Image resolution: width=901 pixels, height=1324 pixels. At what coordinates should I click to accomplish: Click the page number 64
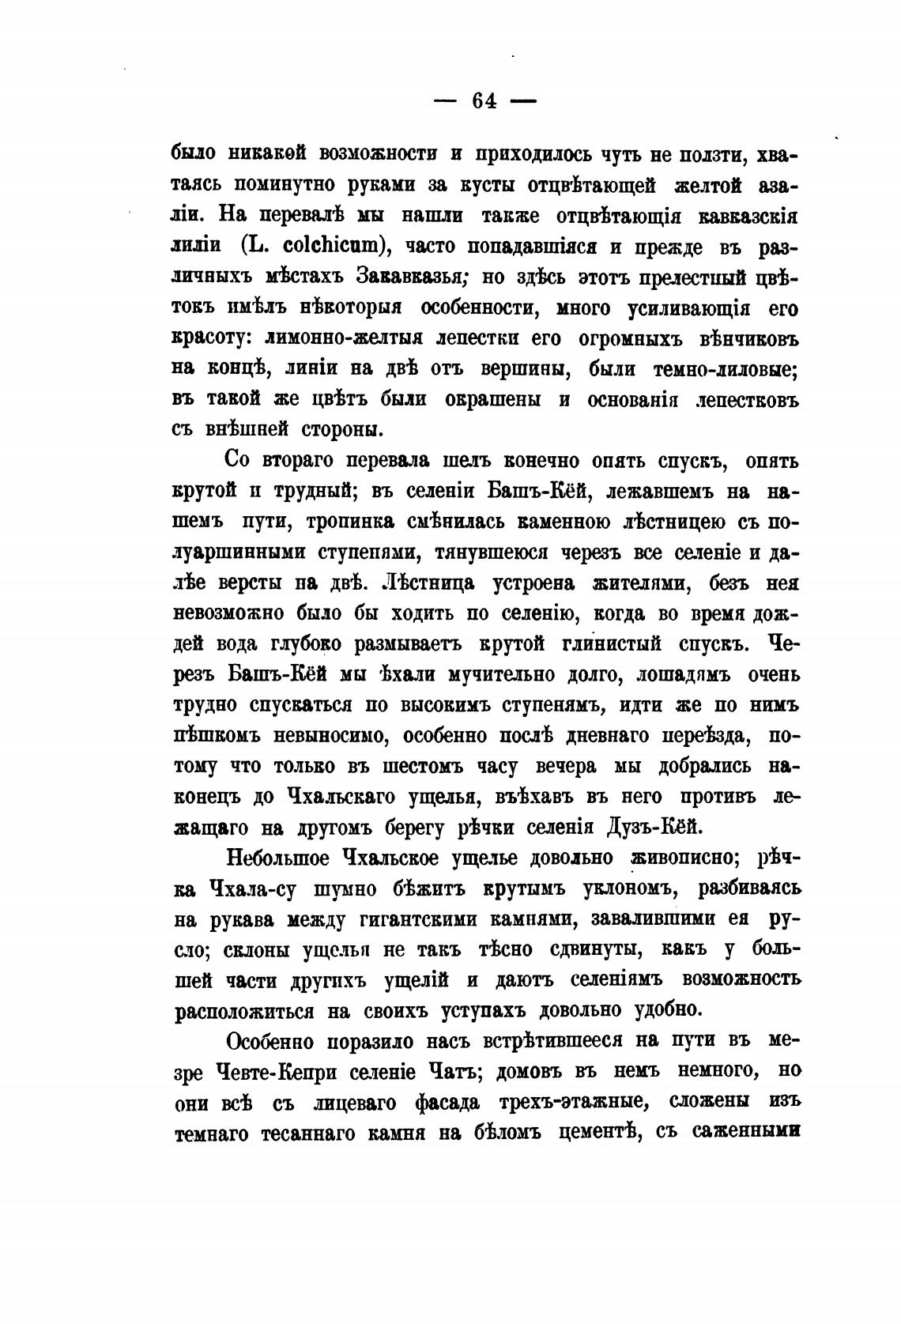pos(484,101)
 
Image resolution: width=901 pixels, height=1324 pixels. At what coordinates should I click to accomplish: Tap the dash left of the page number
pos(448,102)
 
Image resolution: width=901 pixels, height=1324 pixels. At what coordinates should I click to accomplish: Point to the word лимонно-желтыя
pos(341,338)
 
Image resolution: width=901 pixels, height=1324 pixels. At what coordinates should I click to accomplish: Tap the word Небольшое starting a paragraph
pos(278,858)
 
